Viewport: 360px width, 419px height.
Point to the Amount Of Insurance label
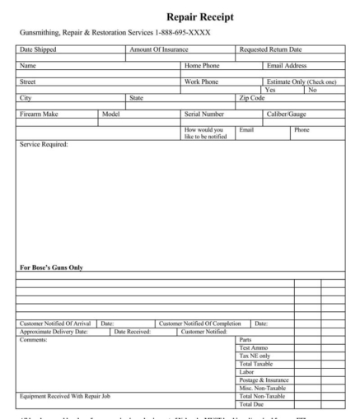click(160, 50)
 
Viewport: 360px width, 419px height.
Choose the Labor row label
click(246, 372)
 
